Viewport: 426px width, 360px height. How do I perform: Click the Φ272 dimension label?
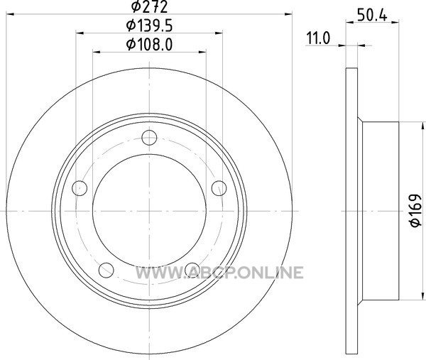[x=149, y=7]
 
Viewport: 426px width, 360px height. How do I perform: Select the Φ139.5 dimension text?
[x=149, y=26]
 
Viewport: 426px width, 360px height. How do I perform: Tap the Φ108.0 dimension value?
[x=149, y=44]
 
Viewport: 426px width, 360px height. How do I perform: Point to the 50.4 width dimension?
[x=372, y=16]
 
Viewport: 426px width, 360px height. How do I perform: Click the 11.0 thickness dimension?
[x=318, y=38]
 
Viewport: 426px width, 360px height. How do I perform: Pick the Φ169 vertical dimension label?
[x=415, y=210]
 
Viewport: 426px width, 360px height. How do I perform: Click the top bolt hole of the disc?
[x=149, y=138]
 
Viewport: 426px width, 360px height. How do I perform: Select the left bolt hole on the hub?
[x=80, y=188]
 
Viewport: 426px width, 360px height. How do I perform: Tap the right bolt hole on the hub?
[x=219, y=188]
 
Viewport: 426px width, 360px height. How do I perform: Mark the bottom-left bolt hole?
[x=106, y=270]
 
